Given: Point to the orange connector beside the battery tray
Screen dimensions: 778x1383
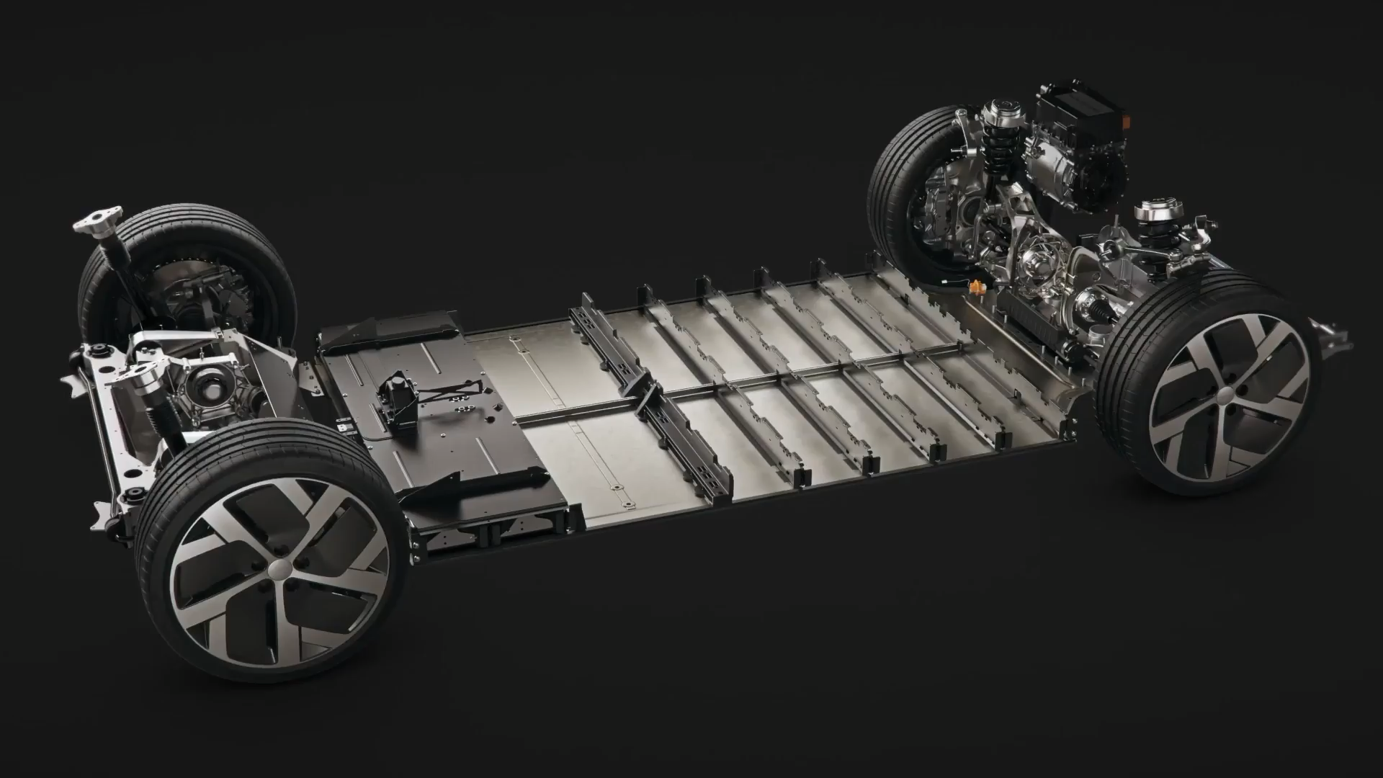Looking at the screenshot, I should click(x=976, y=287).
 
